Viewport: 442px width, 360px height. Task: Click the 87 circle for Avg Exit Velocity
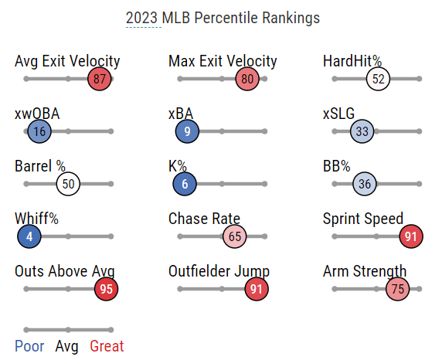(100, 79)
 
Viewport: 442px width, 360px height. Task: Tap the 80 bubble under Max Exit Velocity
(247, 79)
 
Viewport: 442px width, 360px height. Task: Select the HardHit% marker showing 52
(379, 79)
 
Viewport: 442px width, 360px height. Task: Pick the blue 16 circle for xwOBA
(39, 131)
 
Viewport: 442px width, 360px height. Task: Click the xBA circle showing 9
(187, 131)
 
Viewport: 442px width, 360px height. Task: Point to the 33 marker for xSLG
(362, 131)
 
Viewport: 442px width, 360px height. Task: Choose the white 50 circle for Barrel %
(68, 184)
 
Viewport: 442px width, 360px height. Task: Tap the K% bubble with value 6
(185, 184)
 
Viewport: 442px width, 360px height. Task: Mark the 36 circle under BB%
(365, 184)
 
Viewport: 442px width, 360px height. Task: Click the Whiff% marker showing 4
(29, 236)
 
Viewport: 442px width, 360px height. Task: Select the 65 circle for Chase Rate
(235, 236)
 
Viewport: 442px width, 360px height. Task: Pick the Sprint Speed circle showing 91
(411, 236)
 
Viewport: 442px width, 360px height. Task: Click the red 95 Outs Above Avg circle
(107, 289)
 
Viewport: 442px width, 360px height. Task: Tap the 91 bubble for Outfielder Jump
(257, 289)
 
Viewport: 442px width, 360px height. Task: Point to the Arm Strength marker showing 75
(397, 289)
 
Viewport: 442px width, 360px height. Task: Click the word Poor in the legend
(29, 346)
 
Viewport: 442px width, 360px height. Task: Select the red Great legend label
(107, 346)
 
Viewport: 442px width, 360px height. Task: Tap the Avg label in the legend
(66, 347)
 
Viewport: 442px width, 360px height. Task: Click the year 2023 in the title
(141, 18)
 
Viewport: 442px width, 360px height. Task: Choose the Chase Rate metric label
(204, 219)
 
